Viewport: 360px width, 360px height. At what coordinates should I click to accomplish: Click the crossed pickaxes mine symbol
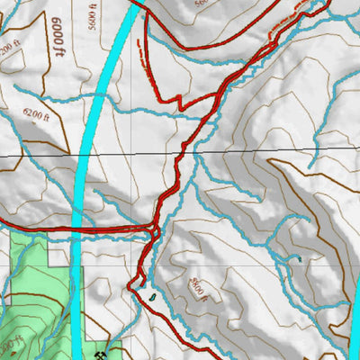111,345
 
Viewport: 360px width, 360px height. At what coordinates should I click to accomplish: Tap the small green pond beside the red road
154,294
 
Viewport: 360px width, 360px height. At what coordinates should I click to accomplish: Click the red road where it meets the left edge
3,220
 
